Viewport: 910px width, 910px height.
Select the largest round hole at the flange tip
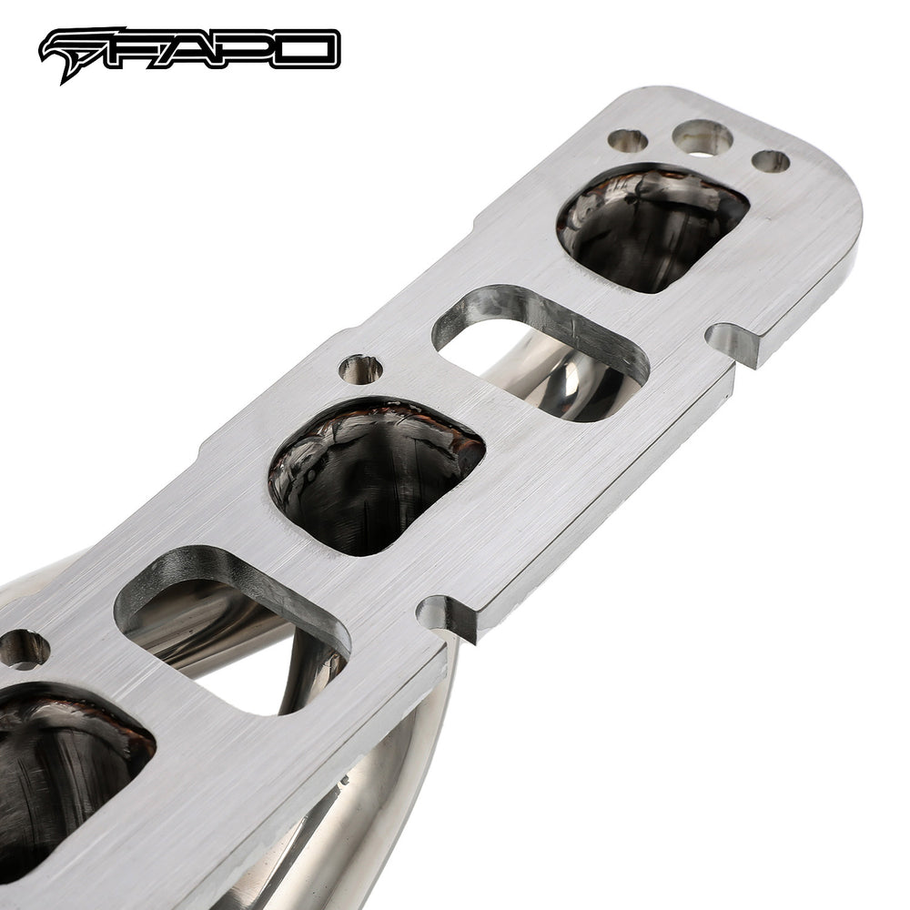(x=703, y=138)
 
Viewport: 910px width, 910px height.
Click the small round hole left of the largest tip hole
(x=627, y=140)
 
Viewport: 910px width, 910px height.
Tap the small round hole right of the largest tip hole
(x=771, y=161)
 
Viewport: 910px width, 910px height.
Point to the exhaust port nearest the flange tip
(x=652, y=228)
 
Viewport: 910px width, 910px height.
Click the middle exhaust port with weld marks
(x=376, y=476)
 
